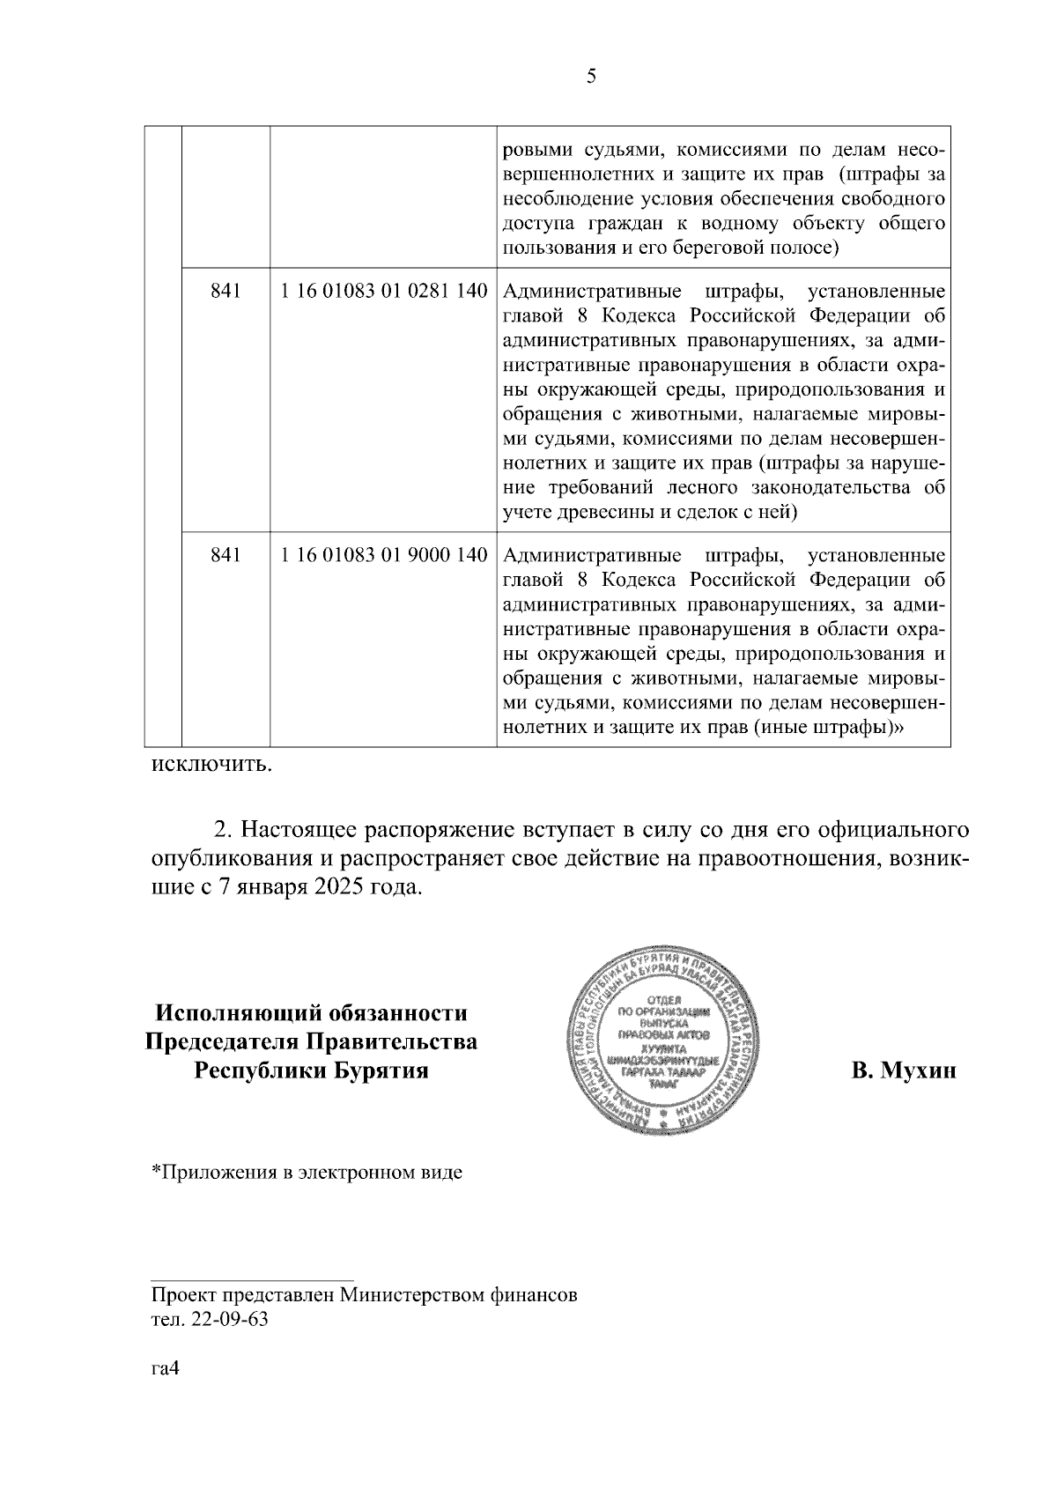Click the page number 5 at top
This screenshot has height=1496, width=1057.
point(591,77)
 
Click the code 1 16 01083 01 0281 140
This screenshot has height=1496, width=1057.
point(384,292)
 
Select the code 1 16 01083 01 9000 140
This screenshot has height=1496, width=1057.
point(384,556)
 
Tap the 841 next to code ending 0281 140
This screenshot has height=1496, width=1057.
point(225,292)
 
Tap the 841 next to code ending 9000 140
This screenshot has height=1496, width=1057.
point(225,556)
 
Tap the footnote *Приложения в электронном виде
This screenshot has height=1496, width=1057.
point(307,1174)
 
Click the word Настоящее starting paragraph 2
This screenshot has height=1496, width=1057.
point(297,831)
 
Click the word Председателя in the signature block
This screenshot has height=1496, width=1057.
point(222,1042)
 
